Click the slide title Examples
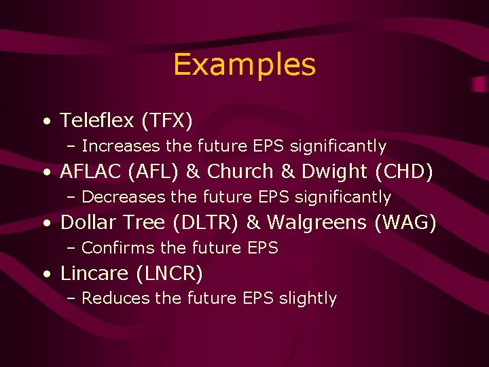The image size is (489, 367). click(244, 65)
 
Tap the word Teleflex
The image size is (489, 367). click(98, 121)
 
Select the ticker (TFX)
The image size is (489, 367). click(167, 121)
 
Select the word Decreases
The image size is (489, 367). click(124, 197)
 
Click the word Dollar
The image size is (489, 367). click(85, 222)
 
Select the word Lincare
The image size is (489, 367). click(94, 273)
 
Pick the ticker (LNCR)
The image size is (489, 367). click(169, 273)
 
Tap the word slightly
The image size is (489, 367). click(308, 298)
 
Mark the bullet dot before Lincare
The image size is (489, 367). click(46, 275)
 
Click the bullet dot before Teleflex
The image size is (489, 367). click(46, 122)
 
